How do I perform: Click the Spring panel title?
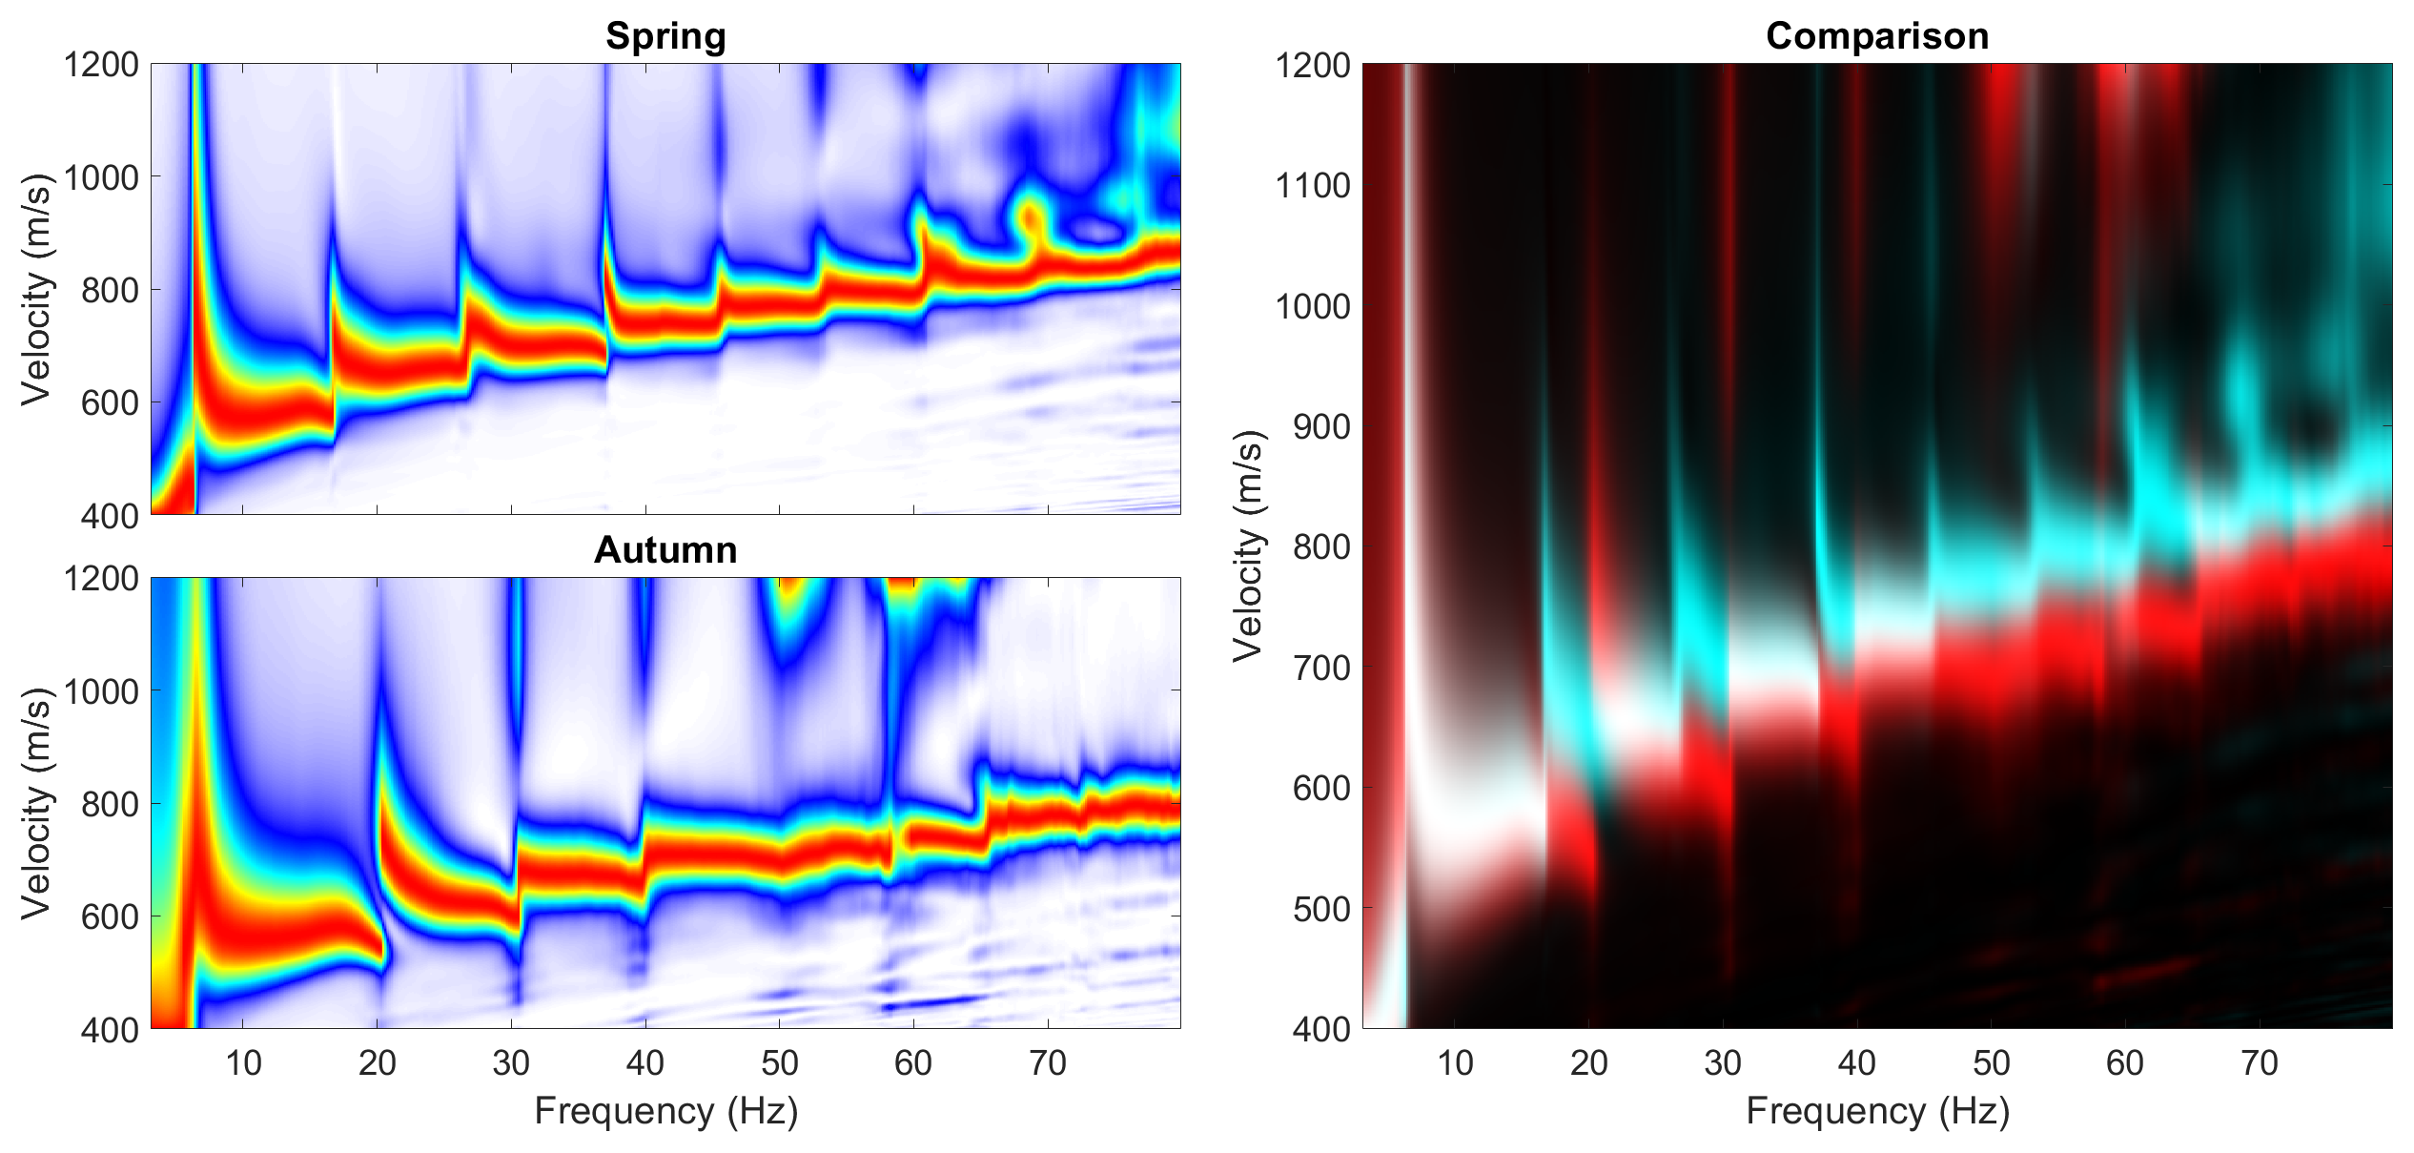click(x=665, y=36)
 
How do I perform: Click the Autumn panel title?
click(x=665, y=550)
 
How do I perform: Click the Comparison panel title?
click(x=1876, y=36)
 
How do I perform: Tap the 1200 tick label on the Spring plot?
click(x=101, y=65)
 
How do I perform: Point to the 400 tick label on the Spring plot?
click(x=111, y=516)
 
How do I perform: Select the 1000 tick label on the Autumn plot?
click(x=101, y=691)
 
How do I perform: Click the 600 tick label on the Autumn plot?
click(x=111, y=916)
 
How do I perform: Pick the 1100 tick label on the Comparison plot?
click(x=1313, y=186)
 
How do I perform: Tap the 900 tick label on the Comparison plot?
click(x=1322, y=427)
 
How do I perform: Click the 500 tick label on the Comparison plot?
click(x=1322, y=909)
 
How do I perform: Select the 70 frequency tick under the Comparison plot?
click(x=2259, y=1062)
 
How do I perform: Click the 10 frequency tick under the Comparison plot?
click(x=1455, y=1062)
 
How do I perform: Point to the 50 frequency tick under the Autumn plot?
click(x=779, y=1062)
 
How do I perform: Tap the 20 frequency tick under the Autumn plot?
click(x=377, y=1062)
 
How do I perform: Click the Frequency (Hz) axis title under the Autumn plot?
click(x=665, y=1111)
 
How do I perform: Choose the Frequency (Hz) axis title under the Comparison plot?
click(x=1876, y=1111)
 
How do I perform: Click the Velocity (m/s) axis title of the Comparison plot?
click(x=1248, y=546)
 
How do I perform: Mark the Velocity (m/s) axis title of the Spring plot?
click(x=36, y=289)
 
